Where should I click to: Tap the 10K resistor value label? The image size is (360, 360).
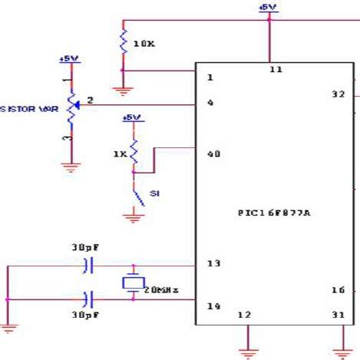pyautogui.click(x=144, y=44)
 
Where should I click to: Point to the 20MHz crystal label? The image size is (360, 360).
pyautogui.click(x=162, y=289)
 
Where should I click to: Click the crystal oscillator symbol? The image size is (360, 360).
pyautogui.click(x=133, y=282)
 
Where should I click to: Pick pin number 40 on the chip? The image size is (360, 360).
pyautogui.click(x=213, y=154)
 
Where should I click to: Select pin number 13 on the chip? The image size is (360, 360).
pyautogui.click(x=213, y=264)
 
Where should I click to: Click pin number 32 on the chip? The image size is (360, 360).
pyautogui.click(x=337, y=94)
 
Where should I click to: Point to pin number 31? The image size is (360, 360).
pyautogui.click(x=337, y=314)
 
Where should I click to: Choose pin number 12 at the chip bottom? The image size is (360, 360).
pyautogui.click(x=244, y=314)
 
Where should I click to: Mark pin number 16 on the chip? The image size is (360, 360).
pyautogui.click(x=337, y=290)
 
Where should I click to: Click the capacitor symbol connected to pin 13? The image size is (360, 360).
pyautogui.click(x=88, y=266)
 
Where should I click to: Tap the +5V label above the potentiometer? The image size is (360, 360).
pyautogui.click(x=68, y=59)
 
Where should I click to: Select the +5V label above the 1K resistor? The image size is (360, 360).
pyautogui.click(x=132, y=117)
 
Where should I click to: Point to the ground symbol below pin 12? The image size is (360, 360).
pyautogui.click(x=248, y=352)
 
